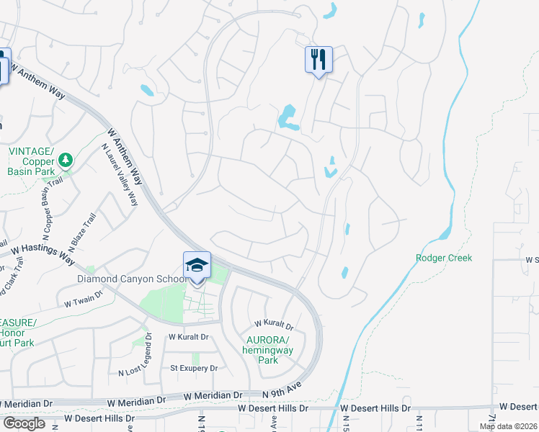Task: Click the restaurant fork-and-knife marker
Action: tap(318, 59)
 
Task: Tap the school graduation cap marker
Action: tap(197, 265)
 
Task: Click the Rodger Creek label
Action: tap(444, 258)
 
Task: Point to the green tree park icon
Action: tap(66, 159)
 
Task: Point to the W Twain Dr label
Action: tap(86, 305)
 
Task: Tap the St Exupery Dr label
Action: tap(193, 368)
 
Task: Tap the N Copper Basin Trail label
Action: tap(48, 215)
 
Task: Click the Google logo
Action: tap(24, 423)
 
